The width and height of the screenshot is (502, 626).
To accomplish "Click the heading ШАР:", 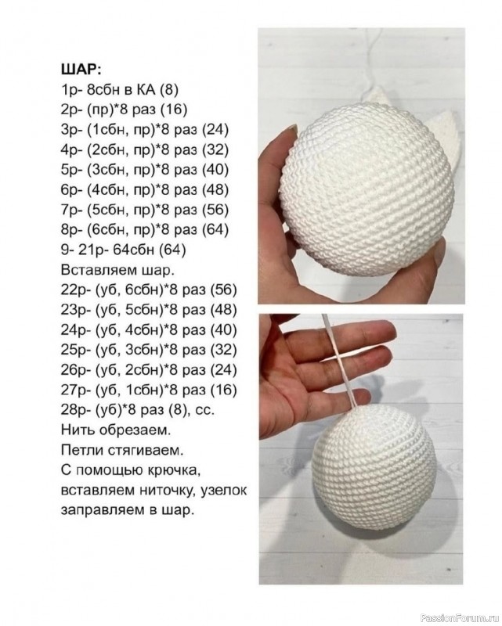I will click(81, 67).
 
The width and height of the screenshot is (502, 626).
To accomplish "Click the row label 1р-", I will click(71, 88).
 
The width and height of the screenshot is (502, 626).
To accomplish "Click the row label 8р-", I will click(71, 230).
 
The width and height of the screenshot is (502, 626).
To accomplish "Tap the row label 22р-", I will click(75, 291).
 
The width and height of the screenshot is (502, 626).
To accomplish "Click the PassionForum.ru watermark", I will click(461, 617).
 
